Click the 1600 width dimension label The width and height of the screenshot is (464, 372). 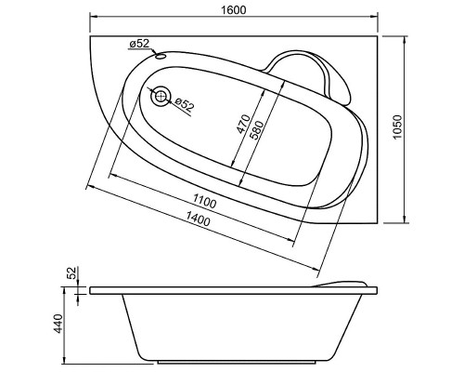coord(233,9)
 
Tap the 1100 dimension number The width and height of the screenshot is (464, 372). coord(205,202)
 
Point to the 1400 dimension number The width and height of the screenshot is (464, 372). coord(197,219)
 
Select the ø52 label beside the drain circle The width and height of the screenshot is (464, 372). coord(184,105)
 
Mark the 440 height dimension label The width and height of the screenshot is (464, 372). coord(57,325)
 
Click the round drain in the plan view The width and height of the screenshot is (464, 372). coord(162,95)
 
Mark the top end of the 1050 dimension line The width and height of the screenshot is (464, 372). coord(406,36)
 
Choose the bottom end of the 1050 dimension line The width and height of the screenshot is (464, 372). coord(406,223)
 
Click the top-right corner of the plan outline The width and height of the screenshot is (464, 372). coord(381,36)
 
